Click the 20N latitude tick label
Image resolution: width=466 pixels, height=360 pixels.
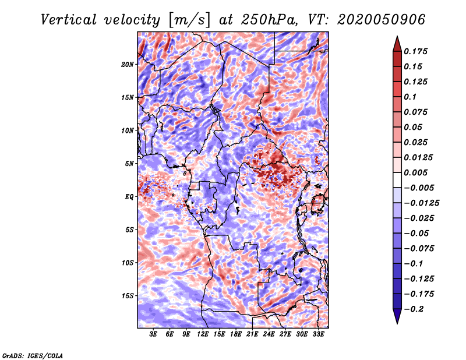128,65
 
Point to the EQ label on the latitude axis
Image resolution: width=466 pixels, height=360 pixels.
129,197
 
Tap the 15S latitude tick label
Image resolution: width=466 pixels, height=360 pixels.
128,296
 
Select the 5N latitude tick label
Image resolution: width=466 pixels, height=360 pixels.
129,164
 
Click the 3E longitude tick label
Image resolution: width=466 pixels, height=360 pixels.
153,334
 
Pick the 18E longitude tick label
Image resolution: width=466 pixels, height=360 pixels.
236,334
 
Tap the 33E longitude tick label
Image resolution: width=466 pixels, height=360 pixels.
318,334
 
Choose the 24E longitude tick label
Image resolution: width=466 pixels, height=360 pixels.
269,334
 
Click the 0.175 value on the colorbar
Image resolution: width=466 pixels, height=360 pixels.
415,51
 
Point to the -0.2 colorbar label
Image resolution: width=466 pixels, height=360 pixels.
414,309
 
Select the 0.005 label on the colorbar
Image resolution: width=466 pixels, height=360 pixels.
415,172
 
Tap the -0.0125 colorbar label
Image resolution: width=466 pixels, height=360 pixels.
421,203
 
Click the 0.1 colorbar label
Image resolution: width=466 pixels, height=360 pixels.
410,97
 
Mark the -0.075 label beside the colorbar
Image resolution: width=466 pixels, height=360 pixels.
419,249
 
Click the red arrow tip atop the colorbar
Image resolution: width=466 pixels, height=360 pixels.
397,37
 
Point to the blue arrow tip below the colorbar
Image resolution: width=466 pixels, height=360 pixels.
397,323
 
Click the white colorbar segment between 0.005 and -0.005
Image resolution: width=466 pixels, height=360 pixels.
397,180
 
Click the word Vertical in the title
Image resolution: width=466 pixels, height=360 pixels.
69,20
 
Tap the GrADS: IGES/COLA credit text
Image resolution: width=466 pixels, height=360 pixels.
33,356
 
